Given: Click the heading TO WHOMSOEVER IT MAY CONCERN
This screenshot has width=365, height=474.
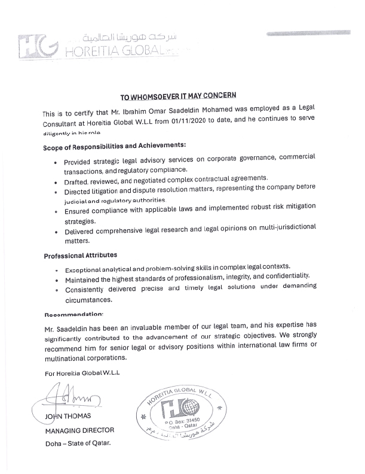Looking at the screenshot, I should (x=179, y=96).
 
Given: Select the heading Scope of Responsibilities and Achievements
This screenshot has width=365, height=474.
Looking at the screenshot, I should (x=115, y=145).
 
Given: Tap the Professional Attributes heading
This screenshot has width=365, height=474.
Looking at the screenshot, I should (x=80, y=256).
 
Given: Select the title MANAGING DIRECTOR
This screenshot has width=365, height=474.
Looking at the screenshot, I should (x=79, y=430).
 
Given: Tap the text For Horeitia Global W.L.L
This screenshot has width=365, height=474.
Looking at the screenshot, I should (x=82, y=373).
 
